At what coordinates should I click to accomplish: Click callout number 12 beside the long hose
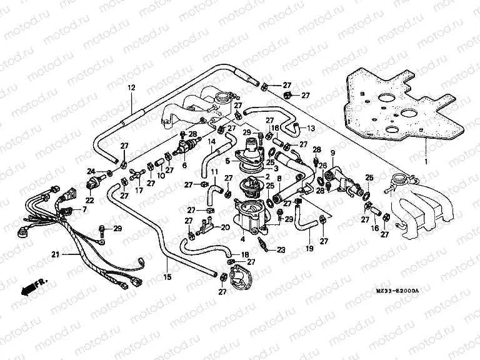[131, 87]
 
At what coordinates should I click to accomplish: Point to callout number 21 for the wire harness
[55, 255]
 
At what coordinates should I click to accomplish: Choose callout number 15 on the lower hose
[167, 277]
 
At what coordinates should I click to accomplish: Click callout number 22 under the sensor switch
[89, 200]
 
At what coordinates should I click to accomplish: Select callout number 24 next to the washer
[90, 171]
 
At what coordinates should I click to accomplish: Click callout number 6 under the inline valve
[184, 166]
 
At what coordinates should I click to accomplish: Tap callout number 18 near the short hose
[244, 255]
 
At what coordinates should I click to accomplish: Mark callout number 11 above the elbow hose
[213, 171]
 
